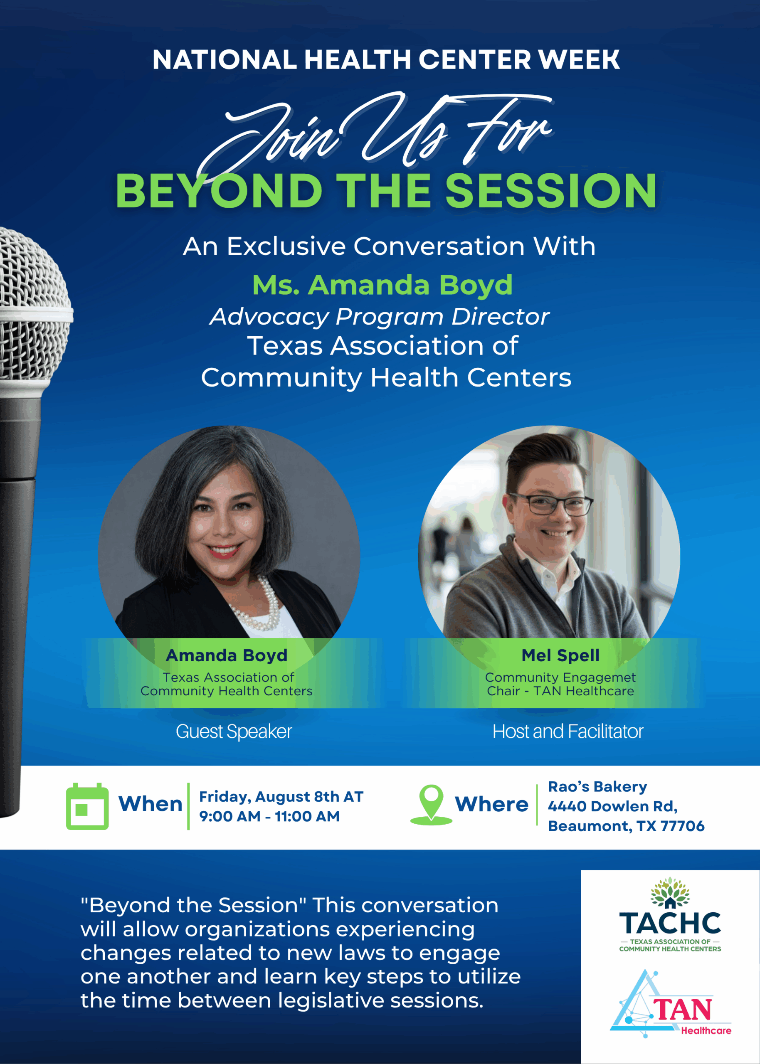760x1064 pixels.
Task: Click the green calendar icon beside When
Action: tap(87, 806)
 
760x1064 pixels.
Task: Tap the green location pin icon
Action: tap(431, 804)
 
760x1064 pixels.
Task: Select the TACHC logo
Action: tap(670, 915)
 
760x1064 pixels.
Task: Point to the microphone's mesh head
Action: tap(30, 304)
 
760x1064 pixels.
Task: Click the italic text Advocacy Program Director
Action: tap(380, 317)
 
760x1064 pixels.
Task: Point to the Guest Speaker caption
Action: tap(234, 731)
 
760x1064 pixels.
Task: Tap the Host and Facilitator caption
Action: tap(568, 731)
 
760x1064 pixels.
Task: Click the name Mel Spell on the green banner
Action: tap(560, 655)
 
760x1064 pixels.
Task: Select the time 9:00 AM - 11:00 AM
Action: tap(269, 816)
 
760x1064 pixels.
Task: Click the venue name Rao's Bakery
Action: tap(597, 787)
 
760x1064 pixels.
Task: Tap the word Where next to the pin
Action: tap(491, 804)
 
